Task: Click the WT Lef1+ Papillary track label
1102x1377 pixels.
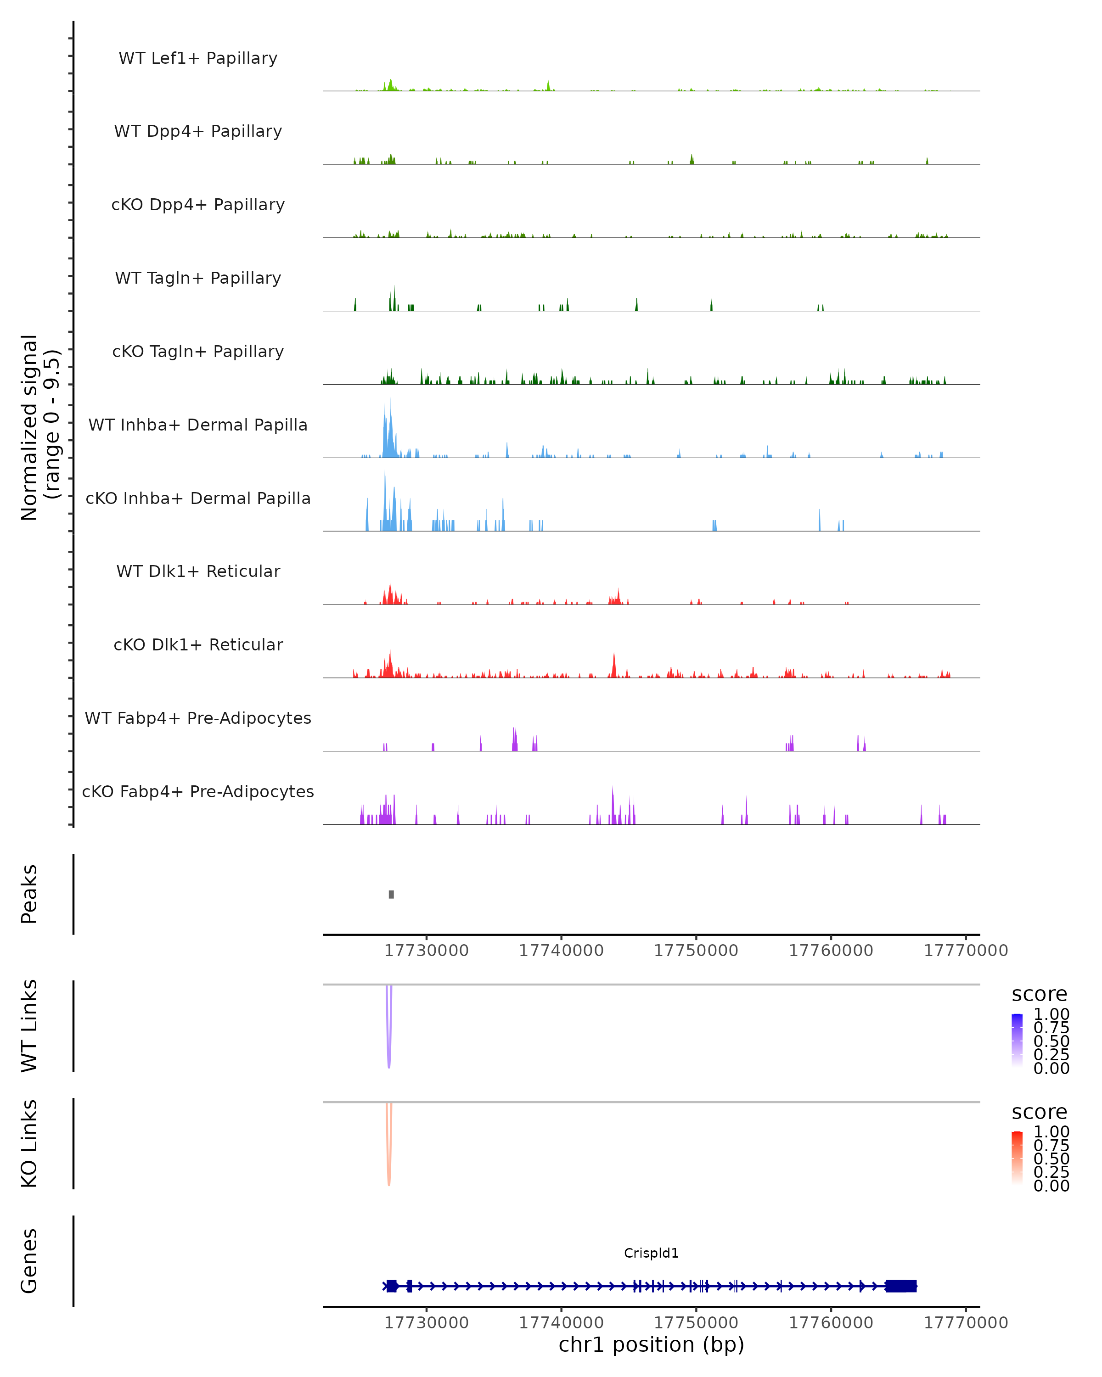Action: [198, 58]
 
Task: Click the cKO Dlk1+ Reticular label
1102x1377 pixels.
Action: [198, 644]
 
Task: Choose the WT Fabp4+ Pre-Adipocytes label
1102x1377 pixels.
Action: [198, 718]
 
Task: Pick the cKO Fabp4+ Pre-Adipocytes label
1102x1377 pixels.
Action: [198, 791]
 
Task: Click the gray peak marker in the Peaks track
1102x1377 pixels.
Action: [392, 894]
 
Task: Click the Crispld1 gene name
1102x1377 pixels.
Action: [651, 1253]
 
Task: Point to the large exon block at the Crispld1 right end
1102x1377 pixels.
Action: [901, 1286]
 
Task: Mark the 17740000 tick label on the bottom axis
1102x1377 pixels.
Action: [561, 1323]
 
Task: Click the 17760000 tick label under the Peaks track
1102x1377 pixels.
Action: [831, 951]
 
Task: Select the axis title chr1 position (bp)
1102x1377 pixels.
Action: [651, 1344]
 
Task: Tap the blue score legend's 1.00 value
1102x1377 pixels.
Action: [1051, 1014]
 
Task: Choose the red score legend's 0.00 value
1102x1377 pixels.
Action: [1051, 1186]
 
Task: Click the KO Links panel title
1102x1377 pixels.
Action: [29, 1143]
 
